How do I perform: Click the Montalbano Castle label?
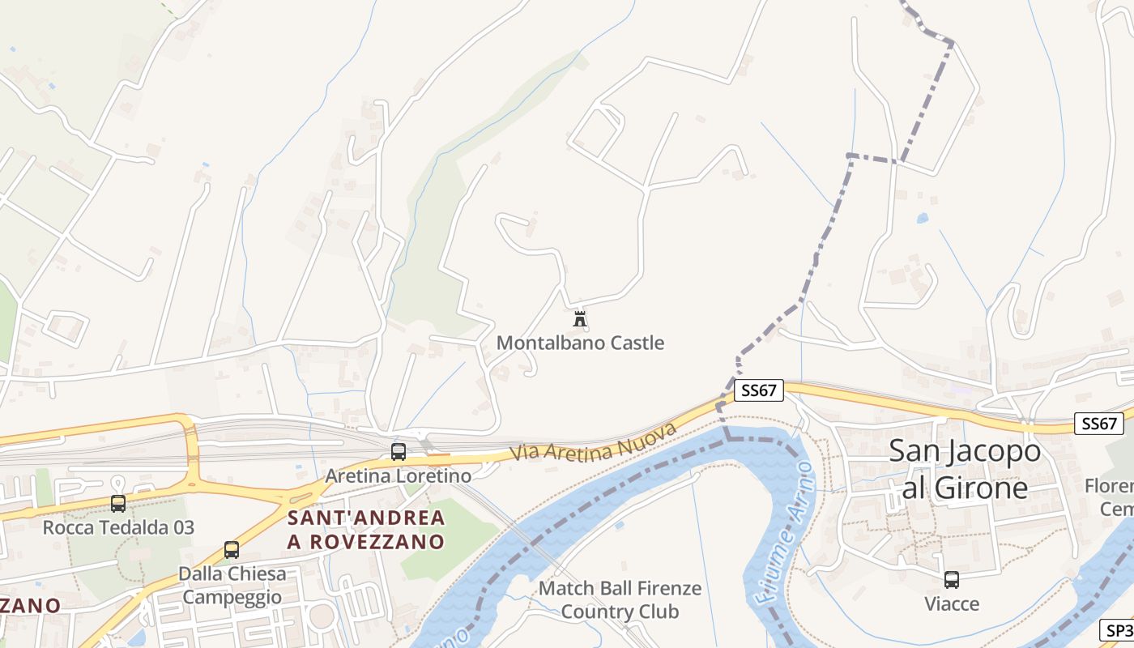coord(580,343)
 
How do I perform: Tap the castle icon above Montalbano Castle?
coord(580,319)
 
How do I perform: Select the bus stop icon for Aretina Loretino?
coord(399,452)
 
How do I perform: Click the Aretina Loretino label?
coord(398,475)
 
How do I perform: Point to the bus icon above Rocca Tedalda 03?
coord(118,504)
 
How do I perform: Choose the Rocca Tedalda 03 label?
coord(118,527)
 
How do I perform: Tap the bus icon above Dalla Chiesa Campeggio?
coord(232,550)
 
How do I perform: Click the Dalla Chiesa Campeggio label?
coord(232,586)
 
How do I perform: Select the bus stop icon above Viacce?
coord(952,580)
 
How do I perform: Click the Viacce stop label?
coord(952,603)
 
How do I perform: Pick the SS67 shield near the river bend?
coord(759,390)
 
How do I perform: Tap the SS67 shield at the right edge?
coord(1099,423)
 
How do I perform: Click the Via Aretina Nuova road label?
coord(594,443)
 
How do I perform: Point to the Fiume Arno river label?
coord(780,535)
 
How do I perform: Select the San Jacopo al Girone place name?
coord(965,469)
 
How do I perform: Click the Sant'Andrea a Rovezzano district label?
coord(366,530)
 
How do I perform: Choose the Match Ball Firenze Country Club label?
coord(620,599)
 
